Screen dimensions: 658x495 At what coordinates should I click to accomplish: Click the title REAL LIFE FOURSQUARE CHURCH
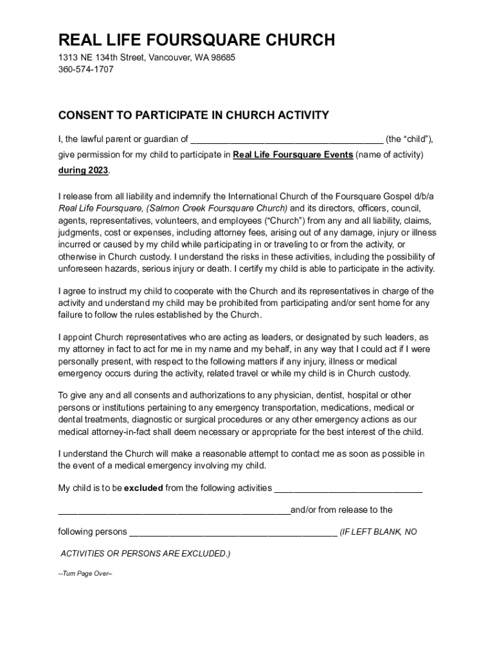tap(197, 40)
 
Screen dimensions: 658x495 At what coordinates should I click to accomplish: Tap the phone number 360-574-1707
tap(86, 69)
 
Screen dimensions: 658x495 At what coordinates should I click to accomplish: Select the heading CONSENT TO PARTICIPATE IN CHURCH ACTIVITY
tap(194, 116)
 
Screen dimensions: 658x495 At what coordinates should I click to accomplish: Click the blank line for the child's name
tap(287, 139)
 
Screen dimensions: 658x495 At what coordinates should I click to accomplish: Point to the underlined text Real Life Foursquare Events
tap(292, 155)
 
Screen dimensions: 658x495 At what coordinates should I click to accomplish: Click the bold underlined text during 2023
tap(84, 170)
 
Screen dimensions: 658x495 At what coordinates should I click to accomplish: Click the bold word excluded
tap(143, 488)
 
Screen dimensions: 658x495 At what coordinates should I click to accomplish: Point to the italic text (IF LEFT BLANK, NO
tap(378, 532)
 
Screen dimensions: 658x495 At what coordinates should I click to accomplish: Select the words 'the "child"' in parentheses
tap(410, 139)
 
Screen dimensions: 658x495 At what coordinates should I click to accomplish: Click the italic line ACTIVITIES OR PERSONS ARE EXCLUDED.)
tap(145, 553)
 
